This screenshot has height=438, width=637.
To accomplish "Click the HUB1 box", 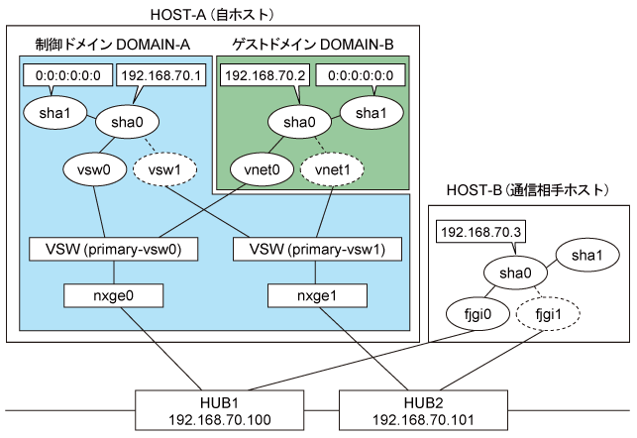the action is [219, 410].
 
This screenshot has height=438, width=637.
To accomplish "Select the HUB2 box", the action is [423, 410].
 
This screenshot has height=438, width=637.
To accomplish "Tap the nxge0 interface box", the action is [113, 295].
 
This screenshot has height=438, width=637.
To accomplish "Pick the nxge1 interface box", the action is [317, 295].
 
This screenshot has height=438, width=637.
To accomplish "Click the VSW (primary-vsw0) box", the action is [113, 249].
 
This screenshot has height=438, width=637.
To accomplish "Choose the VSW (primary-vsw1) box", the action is [317, 249].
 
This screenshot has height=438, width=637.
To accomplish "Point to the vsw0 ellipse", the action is [94, 169].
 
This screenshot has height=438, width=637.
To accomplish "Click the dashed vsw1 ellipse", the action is [164, 169].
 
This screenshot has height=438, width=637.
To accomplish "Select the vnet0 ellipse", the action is [262, 169].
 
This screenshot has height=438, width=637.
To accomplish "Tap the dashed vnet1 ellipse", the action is [332, 169].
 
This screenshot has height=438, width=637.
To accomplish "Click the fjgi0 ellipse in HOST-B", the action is [478, 314].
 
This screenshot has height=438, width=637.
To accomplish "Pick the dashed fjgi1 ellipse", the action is [548, 314].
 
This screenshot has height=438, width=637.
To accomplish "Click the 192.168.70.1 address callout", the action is [160, 75].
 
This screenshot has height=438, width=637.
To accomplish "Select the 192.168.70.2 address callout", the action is [265, 75].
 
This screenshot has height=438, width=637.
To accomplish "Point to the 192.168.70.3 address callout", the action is [480, 232].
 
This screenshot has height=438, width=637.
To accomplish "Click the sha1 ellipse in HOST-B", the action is [587, 255].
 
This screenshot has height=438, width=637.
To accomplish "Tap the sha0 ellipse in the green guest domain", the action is [299, 122].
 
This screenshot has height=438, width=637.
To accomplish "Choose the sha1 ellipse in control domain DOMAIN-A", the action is [54, 113].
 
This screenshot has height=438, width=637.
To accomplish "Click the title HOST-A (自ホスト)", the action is [212, 15].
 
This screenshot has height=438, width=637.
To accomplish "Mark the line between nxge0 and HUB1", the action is [161, 349].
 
